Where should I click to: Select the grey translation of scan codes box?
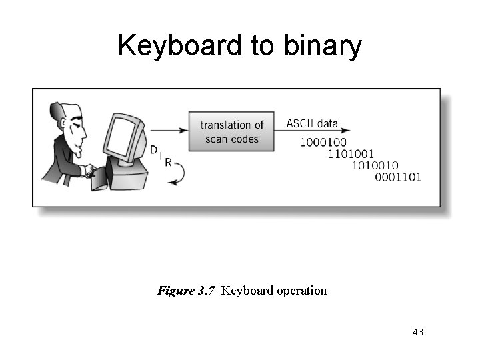[x=231, y=131]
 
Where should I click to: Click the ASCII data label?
[x=312, y=123]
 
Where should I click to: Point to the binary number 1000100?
[x=323, y=142]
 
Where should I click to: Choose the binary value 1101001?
[x=351, y=154]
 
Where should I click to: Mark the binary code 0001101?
[x=398, y=177]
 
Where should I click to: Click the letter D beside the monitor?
[x=154, y=149]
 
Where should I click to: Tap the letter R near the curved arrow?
[x=167, y=162]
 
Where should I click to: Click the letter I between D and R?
[x=161, y=155]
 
